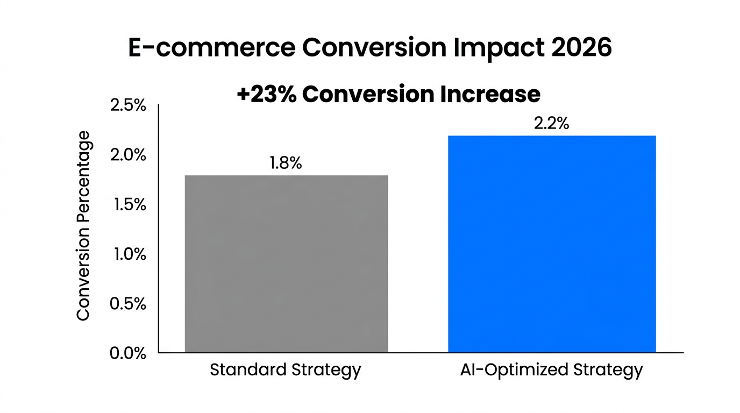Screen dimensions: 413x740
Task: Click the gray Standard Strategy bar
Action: (x=286, y=264)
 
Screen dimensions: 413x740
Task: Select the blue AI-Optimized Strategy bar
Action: (x=552, y=244)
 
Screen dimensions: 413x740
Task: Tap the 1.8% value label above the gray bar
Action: (x=286, y=163)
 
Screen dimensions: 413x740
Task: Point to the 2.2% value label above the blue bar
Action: (x=551, y=123)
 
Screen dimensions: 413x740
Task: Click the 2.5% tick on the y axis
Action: (x=128, y=105)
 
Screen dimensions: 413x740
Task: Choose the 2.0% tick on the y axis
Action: (x=128, y=155)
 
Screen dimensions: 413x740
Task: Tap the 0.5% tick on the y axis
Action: (x=128, y=304)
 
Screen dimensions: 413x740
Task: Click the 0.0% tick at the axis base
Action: (x=128, y=353)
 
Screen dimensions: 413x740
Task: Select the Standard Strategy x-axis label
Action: (x=285, y=371)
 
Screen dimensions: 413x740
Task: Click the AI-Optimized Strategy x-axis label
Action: (x=551, y=371)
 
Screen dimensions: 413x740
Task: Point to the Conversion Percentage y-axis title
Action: (x=83, y=225)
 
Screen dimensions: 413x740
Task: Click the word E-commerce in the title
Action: (x=211, y=48)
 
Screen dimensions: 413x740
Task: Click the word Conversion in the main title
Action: (x=373, y=48)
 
